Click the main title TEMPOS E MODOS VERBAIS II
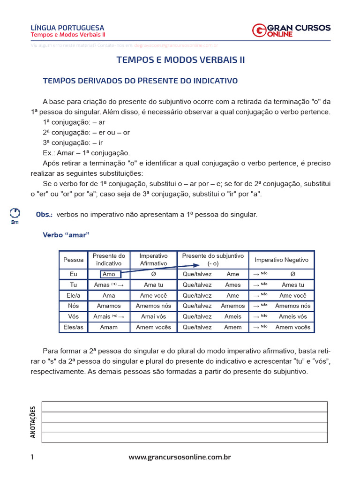[x=180, y=60]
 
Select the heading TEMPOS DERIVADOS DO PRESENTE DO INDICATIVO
[x=140, y=81]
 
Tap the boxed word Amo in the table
[x=109, y=274]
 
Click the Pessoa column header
[x=73, y=260]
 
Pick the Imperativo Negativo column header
[x=281, y=260]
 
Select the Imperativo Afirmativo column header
[x=153, y=260]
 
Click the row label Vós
[x=73, y=316]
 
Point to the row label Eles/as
[x=73, y=327]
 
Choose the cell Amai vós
[x=153, y=316]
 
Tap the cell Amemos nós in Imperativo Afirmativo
[x=153, y=306]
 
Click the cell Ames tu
[x=292, y=285]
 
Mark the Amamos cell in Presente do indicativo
[x=109, y=306]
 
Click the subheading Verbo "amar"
[x=66, y=235]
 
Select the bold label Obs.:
[x=45, y=214]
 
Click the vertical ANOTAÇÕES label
[x=33, y=422]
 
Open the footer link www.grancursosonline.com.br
[x=180, y=457]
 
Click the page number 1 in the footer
[x=32, y=457]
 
